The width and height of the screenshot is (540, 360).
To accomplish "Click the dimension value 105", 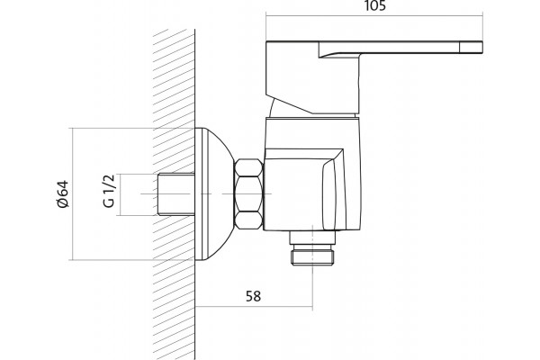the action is [374, 5].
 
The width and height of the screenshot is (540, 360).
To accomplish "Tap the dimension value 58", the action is [253, 296].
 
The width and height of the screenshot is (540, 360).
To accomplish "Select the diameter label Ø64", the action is [63, 194].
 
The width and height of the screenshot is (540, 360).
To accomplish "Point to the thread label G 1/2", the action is [109, 191].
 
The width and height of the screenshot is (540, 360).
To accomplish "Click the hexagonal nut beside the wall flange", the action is [248, 194].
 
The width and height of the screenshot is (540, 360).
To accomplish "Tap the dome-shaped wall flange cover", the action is [213, 194].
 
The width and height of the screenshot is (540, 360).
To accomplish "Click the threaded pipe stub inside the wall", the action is [176, 194].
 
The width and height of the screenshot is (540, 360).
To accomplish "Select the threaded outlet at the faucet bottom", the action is [312, 248].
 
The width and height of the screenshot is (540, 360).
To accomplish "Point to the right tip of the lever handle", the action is [482, 48].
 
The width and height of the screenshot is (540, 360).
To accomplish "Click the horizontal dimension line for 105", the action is [374, 15].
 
